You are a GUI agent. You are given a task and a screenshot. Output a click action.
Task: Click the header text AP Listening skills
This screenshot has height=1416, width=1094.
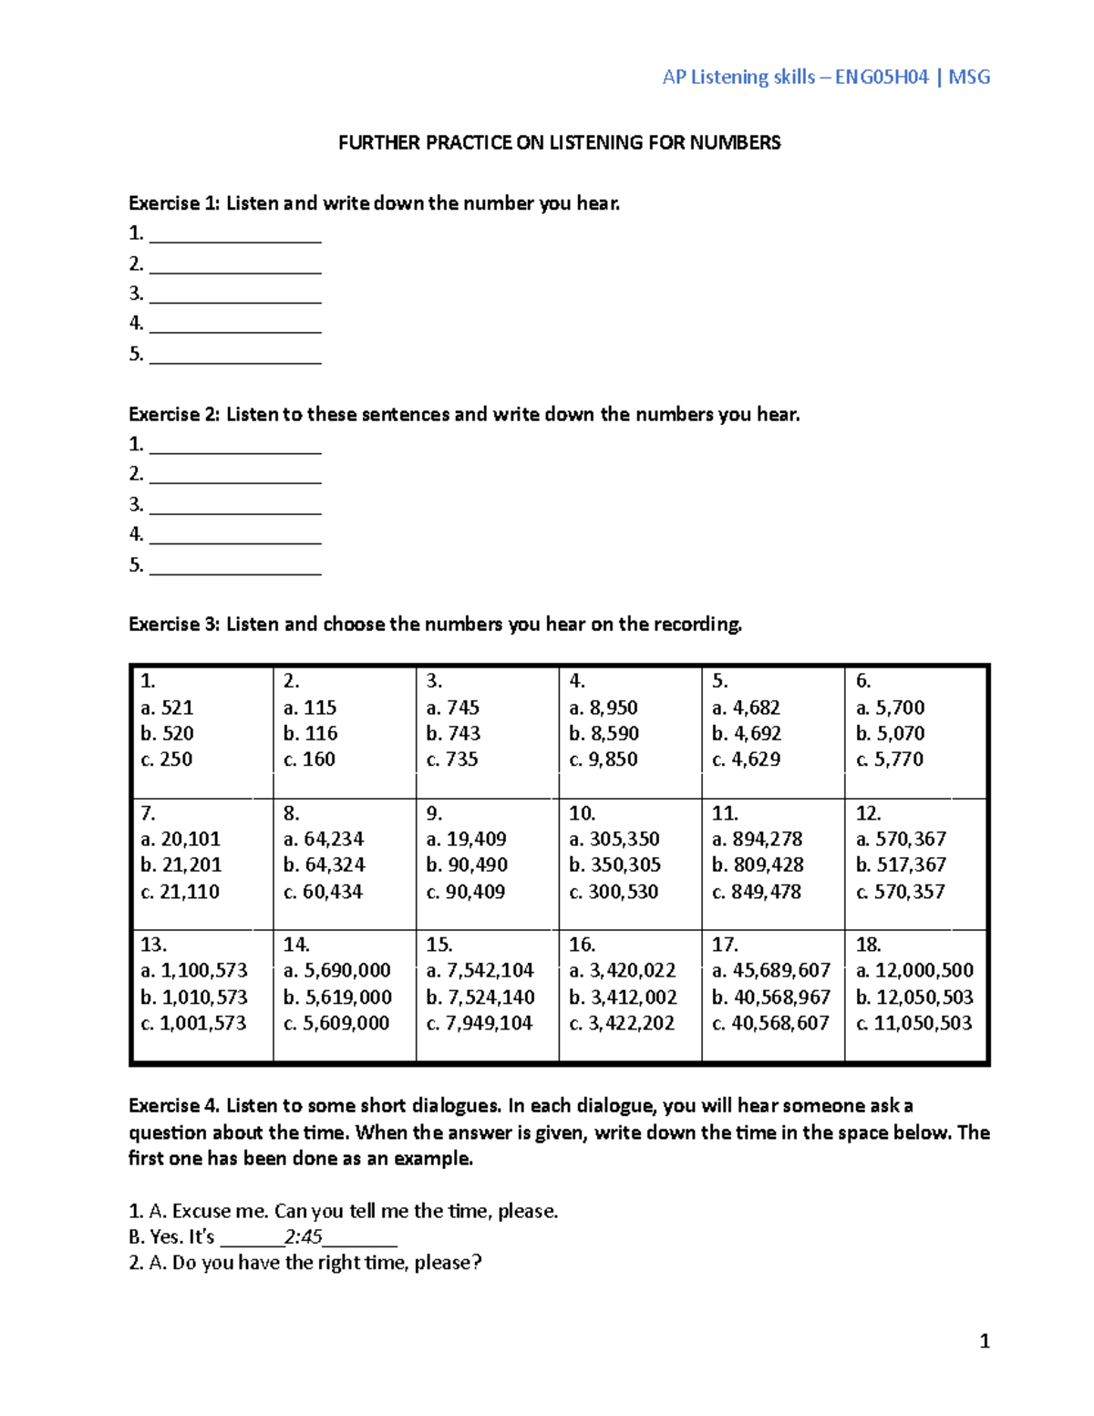(738, 78)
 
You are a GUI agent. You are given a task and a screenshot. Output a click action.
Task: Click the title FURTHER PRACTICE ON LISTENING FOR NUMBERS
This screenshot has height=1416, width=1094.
(559, 142)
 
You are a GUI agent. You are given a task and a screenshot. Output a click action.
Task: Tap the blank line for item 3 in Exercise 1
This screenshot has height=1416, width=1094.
(235, 295)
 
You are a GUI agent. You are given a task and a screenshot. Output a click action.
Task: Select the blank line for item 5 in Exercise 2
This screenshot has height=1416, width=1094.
(235, 566)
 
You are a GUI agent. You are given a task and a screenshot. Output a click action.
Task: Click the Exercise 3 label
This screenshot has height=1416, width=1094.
(173, 625)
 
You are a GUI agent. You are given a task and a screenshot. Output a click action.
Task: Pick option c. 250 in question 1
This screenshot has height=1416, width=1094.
(167, 760)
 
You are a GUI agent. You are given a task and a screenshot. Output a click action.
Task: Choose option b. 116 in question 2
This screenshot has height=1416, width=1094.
(310, 733)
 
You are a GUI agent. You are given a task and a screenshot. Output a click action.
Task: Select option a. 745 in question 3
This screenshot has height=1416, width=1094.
(452, 708)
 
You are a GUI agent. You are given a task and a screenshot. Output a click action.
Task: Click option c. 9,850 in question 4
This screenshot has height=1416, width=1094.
(604, 760)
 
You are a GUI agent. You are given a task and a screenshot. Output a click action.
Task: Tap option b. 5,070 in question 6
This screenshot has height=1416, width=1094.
(890, 733)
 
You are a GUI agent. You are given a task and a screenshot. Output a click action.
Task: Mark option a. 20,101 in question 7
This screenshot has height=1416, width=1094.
(181, 839)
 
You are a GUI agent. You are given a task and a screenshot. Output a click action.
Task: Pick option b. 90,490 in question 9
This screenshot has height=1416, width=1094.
(466, 865)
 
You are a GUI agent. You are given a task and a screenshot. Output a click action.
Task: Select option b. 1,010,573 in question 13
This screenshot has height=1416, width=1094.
(193, 997)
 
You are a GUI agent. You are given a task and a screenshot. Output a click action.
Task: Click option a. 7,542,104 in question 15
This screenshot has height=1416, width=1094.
(480, 970)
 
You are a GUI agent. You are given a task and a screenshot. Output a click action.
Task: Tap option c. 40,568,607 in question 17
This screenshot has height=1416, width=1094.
(770, 1023)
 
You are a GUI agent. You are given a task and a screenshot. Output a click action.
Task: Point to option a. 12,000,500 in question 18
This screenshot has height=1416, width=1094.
(914, 970)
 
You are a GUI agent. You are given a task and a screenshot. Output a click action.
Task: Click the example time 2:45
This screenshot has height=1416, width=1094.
(303, 1237)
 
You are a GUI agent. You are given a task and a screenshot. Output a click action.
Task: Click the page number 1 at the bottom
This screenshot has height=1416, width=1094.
(984, 1340)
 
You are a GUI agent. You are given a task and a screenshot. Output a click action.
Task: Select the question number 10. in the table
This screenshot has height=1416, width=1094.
(582, 813)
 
